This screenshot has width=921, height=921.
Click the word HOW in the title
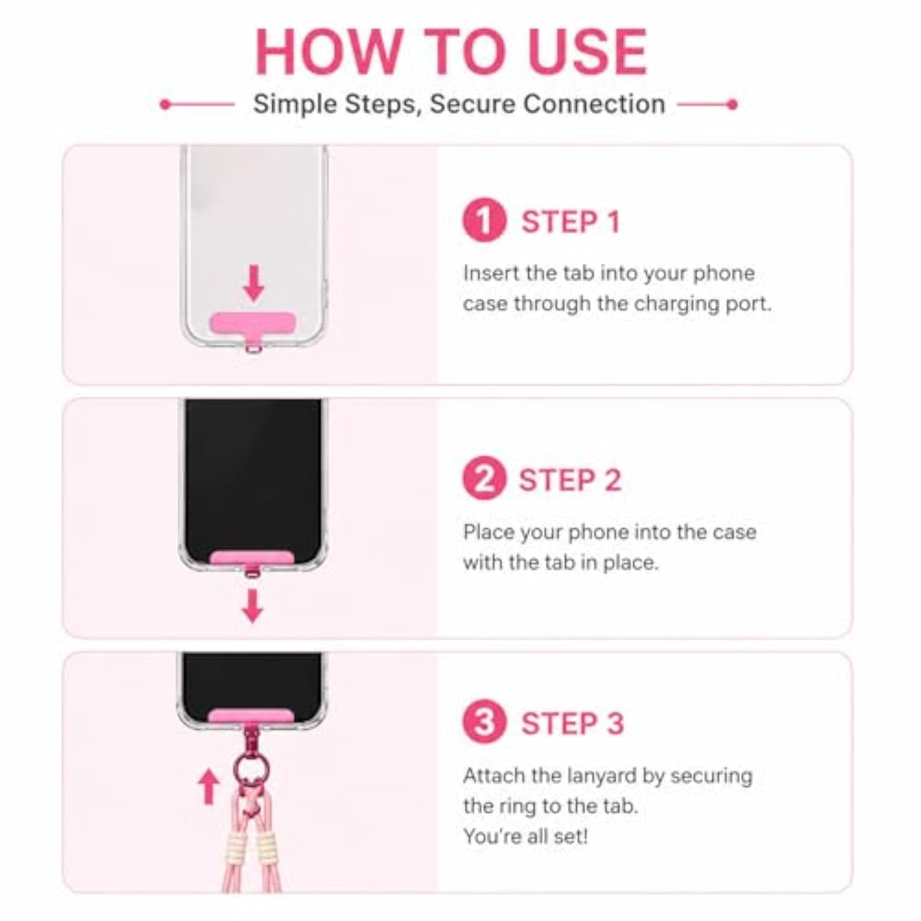click(x=328, y=52)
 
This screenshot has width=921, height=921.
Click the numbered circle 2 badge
click(x=484, y=478)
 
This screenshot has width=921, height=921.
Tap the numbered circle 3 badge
click(x=484, y=722)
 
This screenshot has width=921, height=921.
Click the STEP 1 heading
click(x=571, y=222)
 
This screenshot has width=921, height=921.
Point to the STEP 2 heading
click(x=571, y=480)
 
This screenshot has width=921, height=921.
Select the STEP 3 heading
click(x=573, y=723)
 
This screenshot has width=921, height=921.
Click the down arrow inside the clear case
click(x=254, y=283)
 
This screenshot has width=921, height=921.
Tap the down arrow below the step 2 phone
click(x=252, y=606)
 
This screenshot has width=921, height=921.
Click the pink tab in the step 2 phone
click(x=252, y=558)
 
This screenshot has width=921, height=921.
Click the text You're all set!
click(x=525, y=837)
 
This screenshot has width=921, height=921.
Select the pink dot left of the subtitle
click(x=165, y=104)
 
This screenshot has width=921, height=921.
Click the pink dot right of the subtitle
click(x=732, y=104)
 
